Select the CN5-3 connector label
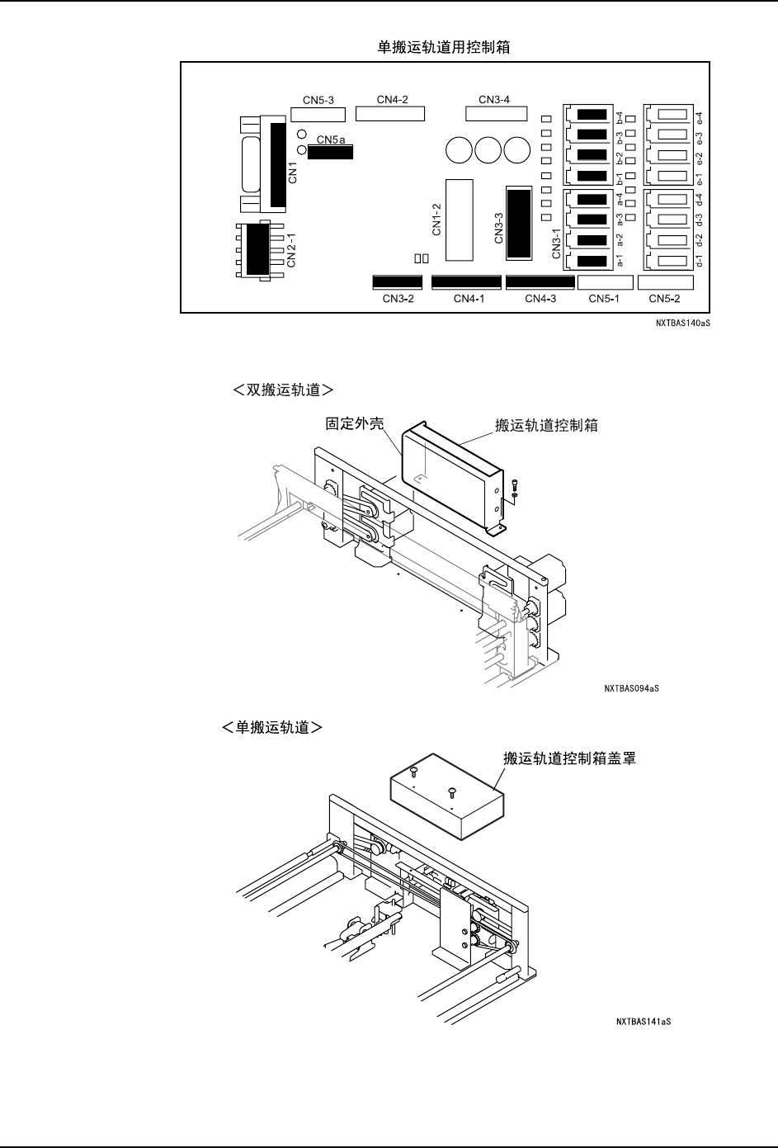tap(318, 100)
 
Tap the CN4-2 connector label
tap(393, 100)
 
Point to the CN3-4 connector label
tap(494, 100)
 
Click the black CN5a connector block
tap(330, 152)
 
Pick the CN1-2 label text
tap(437, 219)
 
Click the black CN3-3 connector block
tap(518, 223)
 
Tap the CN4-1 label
tap(469, 299)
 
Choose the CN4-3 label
tap(540, 299)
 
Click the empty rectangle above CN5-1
tap(606, 282)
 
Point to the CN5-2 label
tap(664, 299)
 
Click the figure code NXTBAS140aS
tap(684, 324)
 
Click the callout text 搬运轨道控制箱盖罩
tap(569, 758)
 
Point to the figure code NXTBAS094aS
tap(631, 687)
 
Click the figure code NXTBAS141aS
tap(644, 1022)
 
